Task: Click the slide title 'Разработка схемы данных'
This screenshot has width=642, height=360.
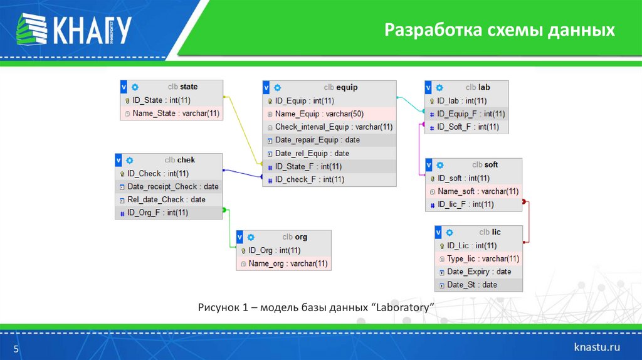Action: [499, 29]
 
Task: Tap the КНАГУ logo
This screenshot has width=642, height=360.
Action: [74, 29]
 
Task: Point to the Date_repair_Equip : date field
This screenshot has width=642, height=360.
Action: [317, 140]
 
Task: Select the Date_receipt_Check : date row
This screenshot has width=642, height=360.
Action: [172, 186]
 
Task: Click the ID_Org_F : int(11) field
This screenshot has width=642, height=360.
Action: [157, 213]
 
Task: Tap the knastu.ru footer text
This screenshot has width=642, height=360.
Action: [597, 347]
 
